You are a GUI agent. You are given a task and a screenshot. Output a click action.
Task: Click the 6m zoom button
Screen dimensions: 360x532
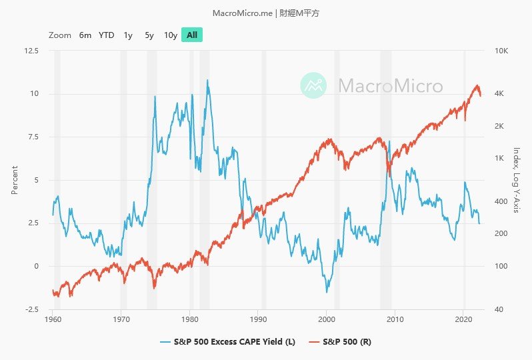tap(85, 35)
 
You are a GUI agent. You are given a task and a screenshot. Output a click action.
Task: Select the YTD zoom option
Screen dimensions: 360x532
tap(107, 35)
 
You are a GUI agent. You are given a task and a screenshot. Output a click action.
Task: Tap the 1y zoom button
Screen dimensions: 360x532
tap(128, 35)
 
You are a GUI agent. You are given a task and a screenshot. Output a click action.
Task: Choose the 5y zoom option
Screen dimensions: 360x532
tap(149, 35)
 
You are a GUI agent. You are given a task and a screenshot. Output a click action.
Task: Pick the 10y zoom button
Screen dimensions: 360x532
tap(171, 35)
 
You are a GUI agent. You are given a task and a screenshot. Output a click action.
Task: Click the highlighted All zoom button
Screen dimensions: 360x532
tap(192, 35)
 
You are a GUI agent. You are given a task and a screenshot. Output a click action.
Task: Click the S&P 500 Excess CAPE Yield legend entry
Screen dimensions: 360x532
tap(228, 342)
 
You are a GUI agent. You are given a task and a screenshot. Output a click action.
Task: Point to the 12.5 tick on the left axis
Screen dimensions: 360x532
tap(31, 51)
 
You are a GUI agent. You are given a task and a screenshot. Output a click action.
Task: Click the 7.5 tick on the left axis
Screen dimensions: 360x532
tap(32, 137)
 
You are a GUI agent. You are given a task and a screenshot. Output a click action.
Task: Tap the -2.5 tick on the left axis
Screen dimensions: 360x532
tap(31, 309)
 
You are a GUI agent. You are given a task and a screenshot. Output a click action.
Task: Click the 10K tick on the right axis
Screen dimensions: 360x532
tap(500, 51)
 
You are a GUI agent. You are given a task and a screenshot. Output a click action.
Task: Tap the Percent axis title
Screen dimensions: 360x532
tap(15, 180)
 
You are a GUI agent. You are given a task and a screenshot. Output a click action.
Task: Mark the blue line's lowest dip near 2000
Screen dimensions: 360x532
tap(327, 292)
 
